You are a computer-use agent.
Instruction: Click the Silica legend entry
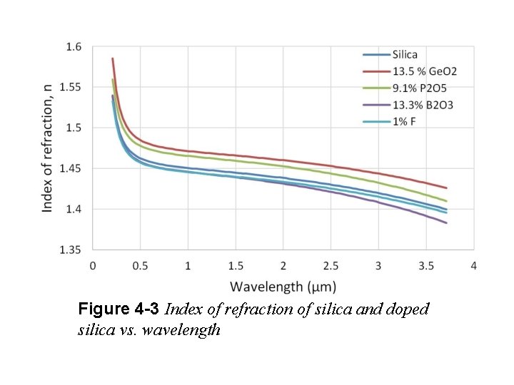(405, 54)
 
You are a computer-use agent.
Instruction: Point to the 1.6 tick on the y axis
(74, 47)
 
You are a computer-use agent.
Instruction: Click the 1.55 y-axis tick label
(71, 88)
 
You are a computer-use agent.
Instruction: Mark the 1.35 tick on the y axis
(71, 250)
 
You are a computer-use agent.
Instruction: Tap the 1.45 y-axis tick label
(71, 169)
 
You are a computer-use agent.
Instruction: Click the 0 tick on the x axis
(93, 266)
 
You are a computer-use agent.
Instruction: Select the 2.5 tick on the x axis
(331, 266)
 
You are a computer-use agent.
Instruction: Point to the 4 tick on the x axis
(473, 266)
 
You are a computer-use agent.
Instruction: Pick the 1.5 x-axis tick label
(236, 266)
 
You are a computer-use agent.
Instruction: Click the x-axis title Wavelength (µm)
(283, 287)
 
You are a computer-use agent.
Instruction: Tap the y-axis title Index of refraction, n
(47, 147)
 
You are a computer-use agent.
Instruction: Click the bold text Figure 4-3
(119, 310)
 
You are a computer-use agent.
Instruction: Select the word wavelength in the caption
(186, 331)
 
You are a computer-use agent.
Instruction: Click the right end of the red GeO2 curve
(446, 188)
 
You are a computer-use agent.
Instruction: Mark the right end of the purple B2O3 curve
(446, 222)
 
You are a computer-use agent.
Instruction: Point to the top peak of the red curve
(113, 58)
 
